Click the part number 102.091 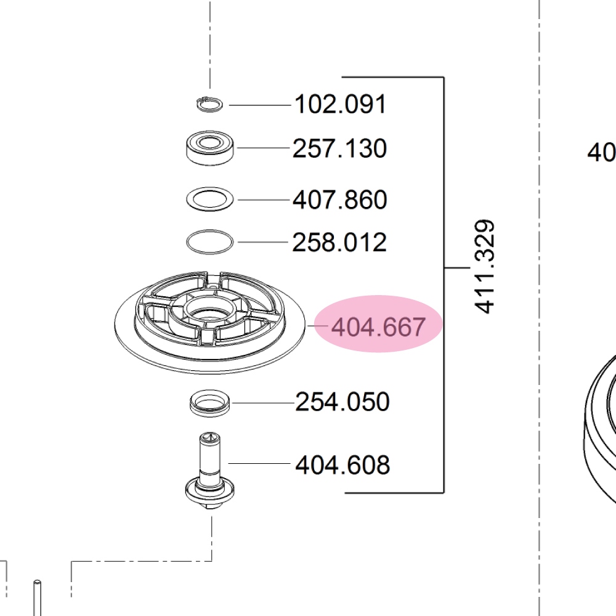tap(340, 105)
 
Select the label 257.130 tap(339, 148)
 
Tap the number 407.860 tap(339, 200)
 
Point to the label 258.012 tap(339, 242)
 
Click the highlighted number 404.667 tap(378, 326)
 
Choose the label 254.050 tap(342, 402)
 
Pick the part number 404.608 tap(342, 464)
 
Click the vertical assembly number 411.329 tap(485, 267)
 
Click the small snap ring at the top tap(209, 104)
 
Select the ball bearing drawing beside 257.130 tap(211, 147)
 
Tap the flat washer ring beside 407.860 tap(210, 199)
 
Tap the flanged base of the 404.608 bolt tap(209, 493)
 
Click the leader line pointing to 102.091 tap(259, 105)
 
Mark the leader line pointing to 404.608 tap(259, 463)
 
